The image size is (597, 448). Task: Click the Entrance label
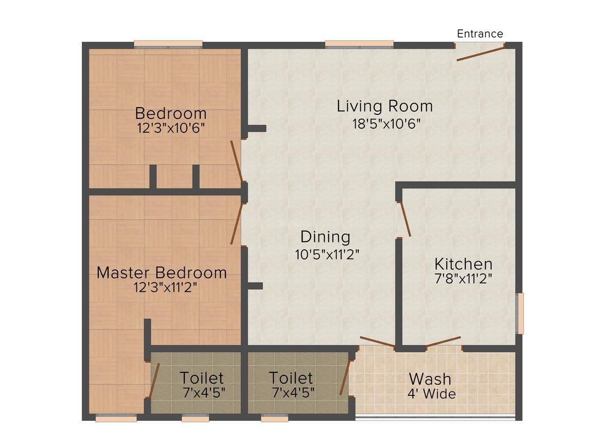coord(480,34)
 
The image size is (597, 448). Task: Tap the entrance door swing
coord(480,53)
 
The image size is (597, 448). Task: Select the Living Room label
coord(384,107)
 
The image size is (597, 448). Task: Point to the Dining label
coord(325,237)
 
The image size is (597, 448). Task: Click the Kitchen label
coord(463,264)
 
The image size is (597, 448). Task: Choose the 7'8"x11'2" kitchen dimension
coord(463,279)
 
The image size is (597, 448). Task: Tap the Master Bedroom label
coord(162,272)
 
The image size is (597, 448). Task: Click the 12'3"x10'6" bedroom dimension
coord(171,128)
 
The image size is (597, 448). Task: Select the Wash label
coord(430,380)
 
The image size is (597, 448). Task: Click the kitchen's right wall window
coord(520,313)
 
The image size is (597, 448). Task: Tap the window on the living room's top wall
coord(359,44)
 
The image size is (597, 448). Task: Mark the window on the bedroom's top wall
coord(168,44)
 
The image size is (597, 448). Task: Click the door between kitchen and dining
coord(405,219)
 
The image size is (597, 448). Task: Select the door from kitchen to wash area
coord(443,341)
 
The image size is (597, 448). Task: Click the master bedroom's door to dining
coord(236,223)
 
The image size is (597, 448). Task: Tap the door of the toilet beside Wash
coord(345,377)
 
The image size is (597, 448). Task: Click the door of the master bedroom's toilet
coord(154,381)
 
